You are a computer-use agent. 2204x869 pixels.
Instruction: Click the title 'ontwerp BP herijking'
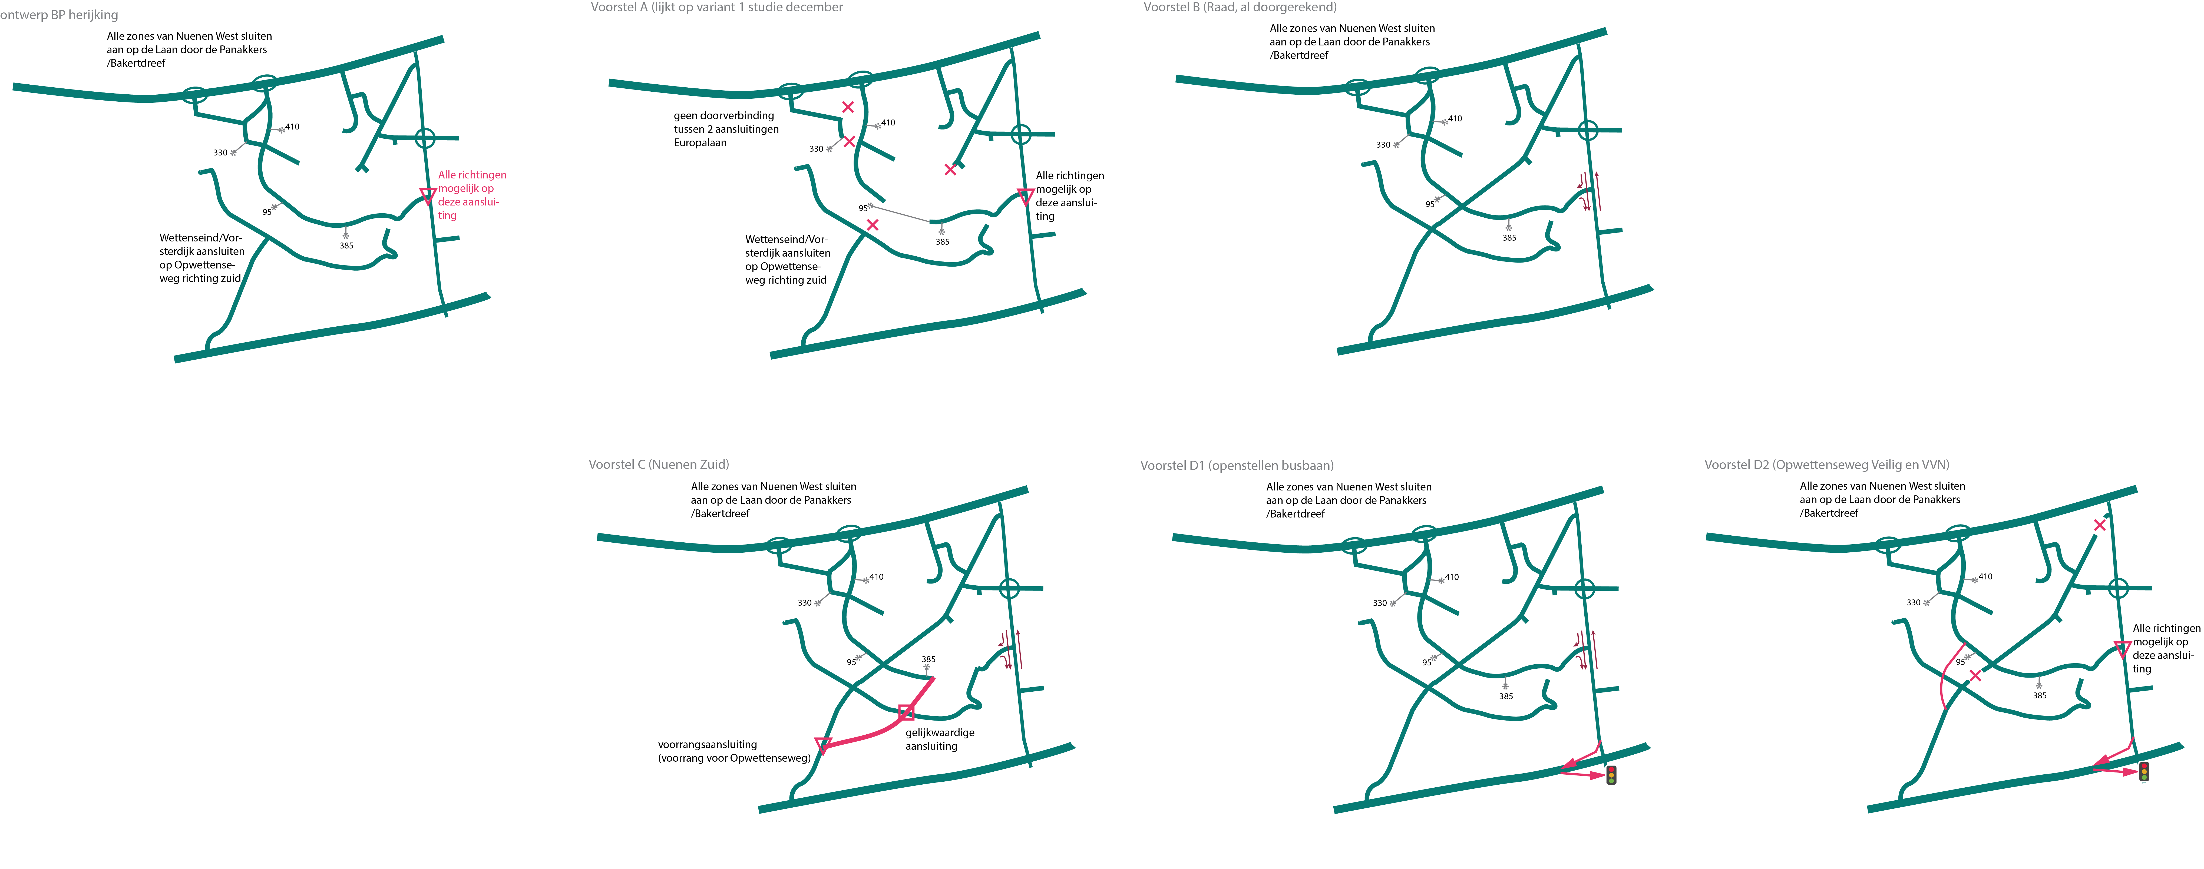pos(59,15)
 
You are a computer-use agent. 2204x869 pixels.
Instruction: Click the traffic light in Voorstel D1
pos(1611,775)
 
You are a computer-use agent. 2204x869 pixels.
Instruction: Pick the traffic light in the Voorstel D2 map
pos(2144,771)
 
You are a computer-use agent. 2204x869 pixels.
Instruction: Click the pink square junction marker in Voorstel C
pos(906,712)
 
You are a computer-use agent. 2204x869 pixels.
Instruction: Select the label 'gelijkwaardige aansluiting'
pos(939,739)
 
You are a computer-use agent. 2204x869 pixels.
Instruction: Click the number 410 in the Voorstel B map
pos(1455,119)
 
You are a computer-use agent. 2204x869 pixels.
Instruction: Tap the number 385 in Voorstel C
pos(928,659)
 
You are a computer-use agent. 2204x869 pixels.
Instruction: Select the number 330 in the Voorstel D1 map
pos(1379,603)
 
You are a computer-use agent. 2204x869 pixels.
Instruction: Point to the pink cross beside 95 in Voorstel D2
pos(1975,676)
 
